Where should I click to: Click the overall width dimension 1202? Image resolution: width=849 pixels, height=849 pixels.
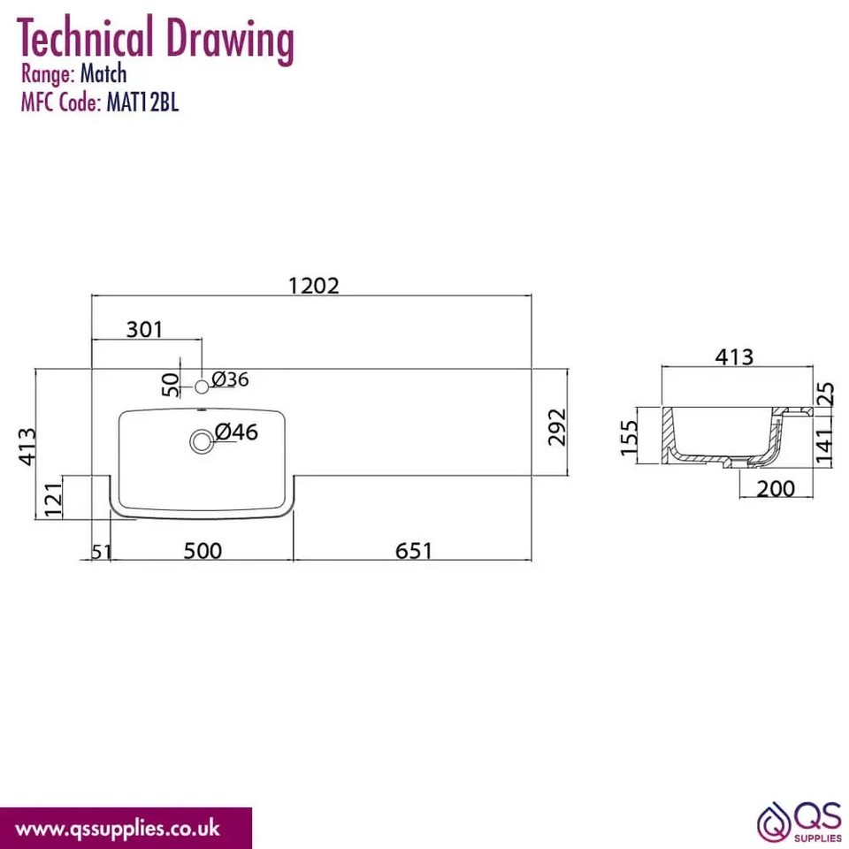click(314, 285)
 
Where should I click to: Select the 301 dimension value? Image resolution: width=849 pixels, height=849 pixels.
click(144, 329)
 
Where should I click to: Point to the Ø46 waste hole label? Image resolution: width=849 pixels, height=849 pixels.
click(235, 432)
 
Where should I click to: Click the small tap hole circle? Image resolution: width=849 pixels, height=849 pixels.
click(202, 386)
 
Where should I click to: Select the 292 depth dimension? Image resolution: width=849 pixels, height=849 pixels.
click(557, 428)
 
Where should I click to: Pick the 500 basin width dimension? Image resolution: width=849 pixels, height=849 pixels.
click(203, 551)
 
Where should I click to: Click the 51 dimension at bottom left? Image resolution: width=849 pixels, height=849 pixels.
click(102, 552)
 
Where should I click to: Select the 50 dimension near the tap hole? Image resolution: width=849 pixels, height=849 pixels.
click(171, 383)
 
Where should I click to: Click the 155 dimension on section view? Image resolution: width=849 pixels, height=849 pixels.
click(629, 439)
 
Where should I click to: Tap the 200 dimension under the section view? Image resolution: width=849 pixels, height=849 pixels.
click(776, 488)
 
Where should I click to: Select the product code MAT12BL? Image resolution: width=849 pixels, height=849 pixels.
click(142, 103)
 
